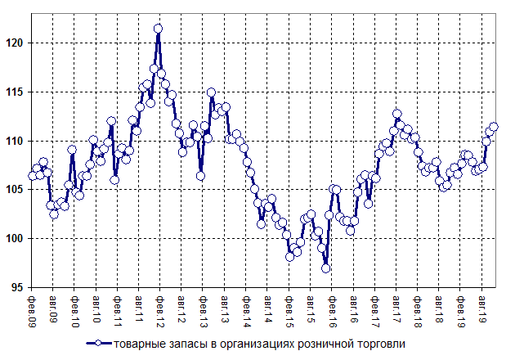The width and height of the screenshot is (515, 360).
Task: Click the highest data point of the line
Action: click(158, 29)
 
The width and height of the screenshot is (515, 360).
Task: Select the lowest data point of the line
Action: click(326, 268)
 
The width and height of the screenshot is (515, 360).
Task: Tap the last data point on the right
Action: click(494, 127)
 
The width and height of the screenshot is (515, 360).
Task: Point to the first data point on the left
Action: click(33, 175)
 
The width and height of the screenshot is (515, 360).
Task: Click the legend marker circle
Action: click(98, 344)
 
